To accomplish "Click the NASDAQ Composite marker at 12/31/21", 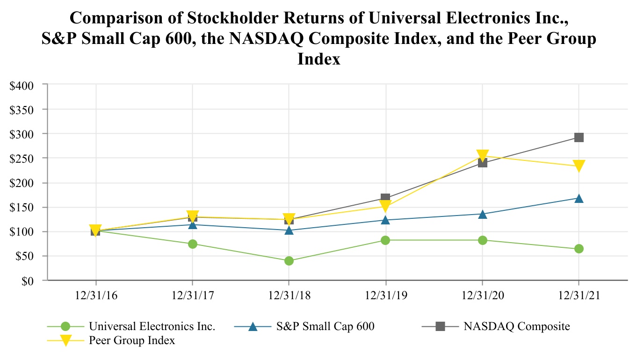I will point(579,137).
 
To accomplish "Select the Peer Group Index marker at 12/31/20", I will point(482,155).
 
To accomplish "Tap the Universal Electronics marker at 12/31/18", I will point(289,260).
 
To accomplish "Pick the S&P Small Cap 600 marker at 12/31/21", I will point(579,198).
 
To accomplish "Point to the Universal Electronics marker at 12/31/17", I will point(192,244).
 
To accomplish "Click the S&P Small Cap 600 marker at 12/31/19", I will point(385,220).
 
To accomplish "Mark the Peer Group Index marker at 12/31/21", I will point(579,166).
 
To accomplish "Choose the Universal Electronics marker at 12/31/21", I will point(579,248).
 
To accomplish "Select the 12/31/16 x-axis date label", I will point(96,295).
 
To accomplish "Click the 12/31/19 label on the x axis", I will point(385,295).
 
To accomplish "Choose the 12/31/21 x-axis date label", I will point(579,295).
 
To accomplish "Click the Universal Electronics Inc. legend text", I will point(152,326).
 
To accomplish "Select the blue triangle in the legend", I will point(253,326).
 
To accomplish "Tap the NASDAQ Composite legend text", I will point(517,326).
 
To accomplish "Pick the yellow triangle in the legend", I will point(65,340).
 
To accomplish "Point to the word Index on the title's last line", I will point(319,59).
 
